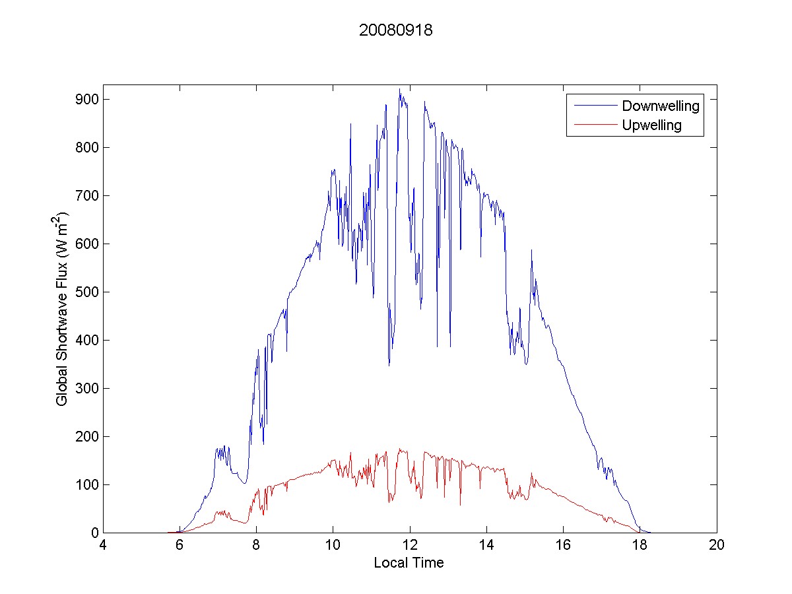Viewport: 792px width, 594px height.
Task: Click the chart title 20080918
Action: tap(395, 31)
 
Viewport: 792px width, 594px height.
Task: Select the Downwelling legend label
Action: tap(660, 106)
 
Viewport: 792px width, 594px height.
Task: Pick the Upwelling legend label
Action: tap(651, 125)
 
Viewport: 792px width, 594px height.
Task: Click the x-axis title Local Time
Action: tap(409, 563)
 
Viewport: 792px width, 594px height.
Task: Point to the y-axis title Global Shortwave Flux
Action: tap(61, 309)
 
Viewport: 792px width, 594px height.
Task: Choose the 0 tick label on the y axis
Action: tap(94, 533)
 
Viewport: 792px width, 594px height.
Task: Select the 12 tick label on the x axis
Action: tap(410, 546)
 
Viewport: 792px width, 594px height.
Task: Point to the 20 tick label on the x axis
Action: tap(717, 546)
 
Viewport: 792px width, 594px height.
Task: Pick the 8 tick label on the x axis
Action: tap(257, 546)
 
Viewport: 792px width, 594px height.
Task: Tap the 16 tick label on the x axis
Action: tap(563, 546)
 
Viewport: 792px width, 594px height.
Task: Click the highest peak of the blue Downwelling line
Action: tap(399, 89)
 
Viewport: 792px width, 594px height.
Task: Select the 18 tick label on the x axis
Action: tap(640, 546)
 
